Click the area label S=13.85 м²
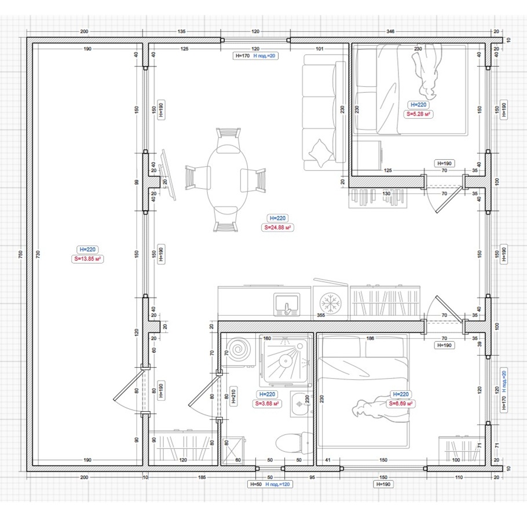click(x=87, y=259)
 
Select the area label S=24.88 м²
click(x=277, y=228)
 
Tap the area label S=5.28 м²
click(x=418, y=114)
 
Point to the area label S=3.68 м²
click(x=267, y=403)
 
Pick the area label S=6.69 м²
click(x=401, y=403)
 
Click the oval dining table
click(x=227, y=180)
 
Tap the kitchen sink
click(x=287, y=304)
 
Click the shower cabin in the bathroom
click(x=286, y=361)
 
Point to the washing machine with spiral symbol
click(x=239, y=350)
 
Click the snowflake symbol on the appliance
click(x=330, y=302)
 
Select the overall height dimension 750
click(x=20, y=254)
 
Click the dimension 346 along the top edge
click(x=390, y=31)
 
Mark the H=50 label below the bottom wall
click(x=256, y=484)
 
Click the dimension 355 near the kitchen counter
click(x=321, y=315)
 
